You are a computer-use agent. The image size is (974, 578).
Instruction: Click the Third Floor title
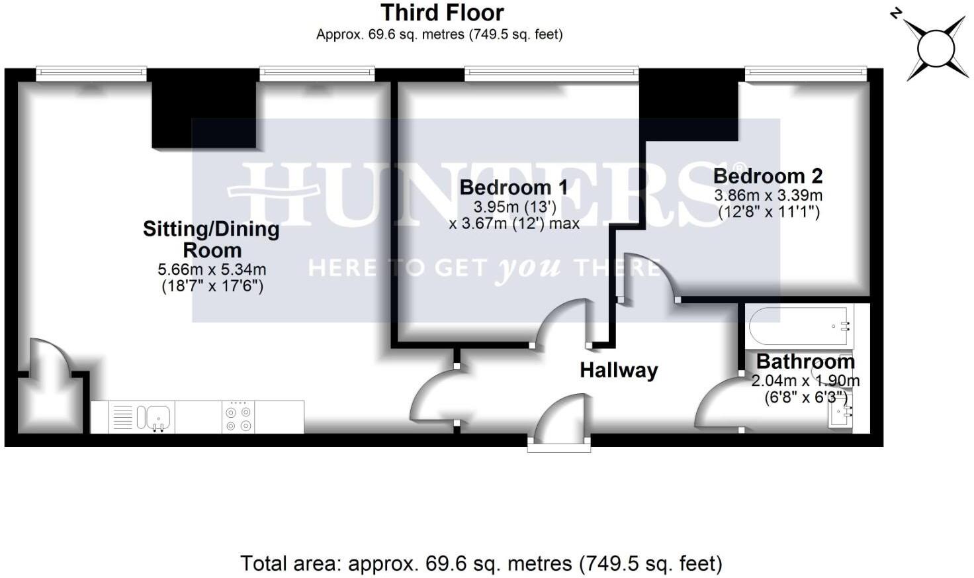[x=442, y=13]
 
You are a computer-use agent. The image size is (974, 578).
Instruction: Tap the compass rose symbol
[x=936, y=48]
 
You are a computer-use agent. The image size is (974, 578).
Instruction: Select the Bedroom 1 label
[x=513, y=187]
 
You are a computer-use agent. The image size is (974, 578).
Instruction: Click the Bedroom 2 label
[x=768, y=176]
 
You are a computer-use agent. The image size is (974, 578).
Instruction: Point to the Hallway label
[x=619, y=370]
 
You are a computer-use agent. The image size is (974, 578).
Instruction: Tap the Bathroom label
[x=805, y=362]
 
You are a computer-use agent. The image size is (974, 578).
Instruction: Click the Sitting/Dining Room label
[x=211, y=240]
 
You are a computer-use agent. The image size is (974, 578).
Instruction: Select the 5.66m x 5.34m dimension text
[x=212, y=269]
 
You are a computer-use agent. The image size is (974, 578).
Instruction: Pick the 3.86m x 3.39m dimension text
[x=768, y=195]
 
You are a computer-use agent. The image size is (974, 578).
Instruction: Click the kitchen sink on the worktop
[x=154, y=417]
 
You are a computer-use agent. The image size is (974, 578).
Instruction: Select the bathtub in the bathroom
[x=801, y=325]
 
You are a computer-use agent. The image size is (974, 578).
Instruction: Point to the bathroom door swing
[x=719, y=403]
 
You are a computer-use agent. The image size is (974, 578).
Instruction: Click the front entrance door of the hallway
[x=561, y=420]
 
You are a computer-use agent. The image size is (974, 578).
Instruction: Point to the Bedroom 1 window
[x=551, y=73]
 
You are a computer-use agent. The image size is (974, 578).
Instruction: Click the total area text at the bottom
[x=481, y=563]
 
